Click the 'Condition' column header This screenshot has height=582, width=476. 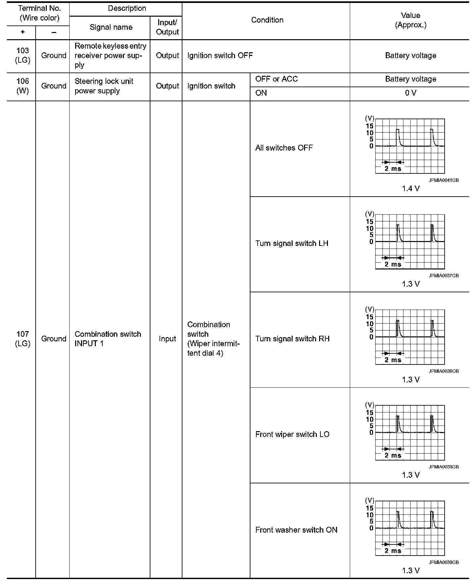tap(267, 20)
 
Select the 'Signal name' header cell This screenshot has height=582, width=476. tap(111, 27)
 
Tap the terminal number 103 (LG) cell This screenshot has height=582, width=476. tap(23, 56)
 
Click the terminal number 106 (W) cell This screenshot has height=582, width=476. tap(23, 86)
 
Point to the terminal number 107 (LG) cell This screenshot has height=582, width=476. tap(23, 339)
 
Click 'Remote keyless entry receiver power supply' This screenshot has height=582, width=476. tap(110, 56)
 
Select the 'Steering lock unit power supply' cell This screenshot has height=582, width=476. tap(104, 86)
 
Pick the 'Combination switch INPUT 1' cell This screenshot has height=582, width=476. tap(108, 339)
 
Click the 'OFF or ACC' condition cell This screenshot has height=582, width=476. tap(276, 79)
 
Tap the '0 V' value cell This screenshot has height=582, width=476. tap(410, 93)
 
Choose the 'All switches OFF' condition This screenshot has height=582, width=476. tap(284, 148)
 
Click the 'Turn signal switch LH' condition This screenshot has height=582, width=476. tap(292, 244)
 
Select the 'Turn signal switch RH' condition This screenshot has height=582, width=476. tap(292, 339)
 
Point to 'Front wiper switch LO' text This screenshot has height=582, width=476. tap(292, 434)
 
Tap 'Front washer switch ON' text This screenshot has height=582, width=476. tap(296, 530)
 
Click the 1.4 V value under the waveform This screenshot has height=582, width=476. tap(410, 188)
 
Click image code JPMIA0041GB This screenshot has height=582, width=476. tap(444, 180)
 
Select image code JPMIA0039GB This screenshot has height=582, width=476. tap(444, 562)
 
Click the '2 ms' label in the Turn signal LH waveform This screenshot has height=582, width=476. tap(393, 265)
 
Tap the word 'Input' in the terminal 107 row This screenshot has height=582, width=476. tap(167, 339)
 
